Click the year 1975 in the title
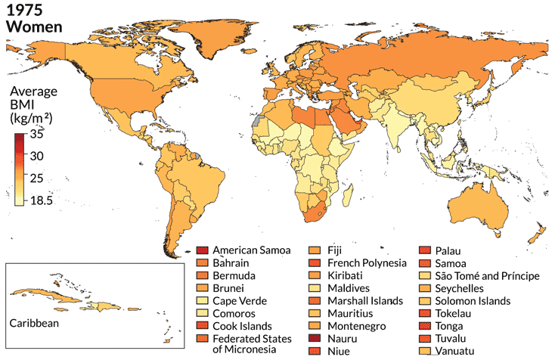coord(23,10)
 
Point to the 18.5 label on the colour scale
coord(42,200)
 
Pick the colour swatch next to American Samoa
coord(202,250)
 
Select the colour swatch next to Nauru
coord(316,340)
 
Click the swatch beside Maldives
coord(316,288)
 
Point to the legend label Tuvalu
coord(452,340)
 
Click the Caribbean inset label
coord(34,323)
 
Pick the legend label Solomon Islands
coord(473,301)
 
